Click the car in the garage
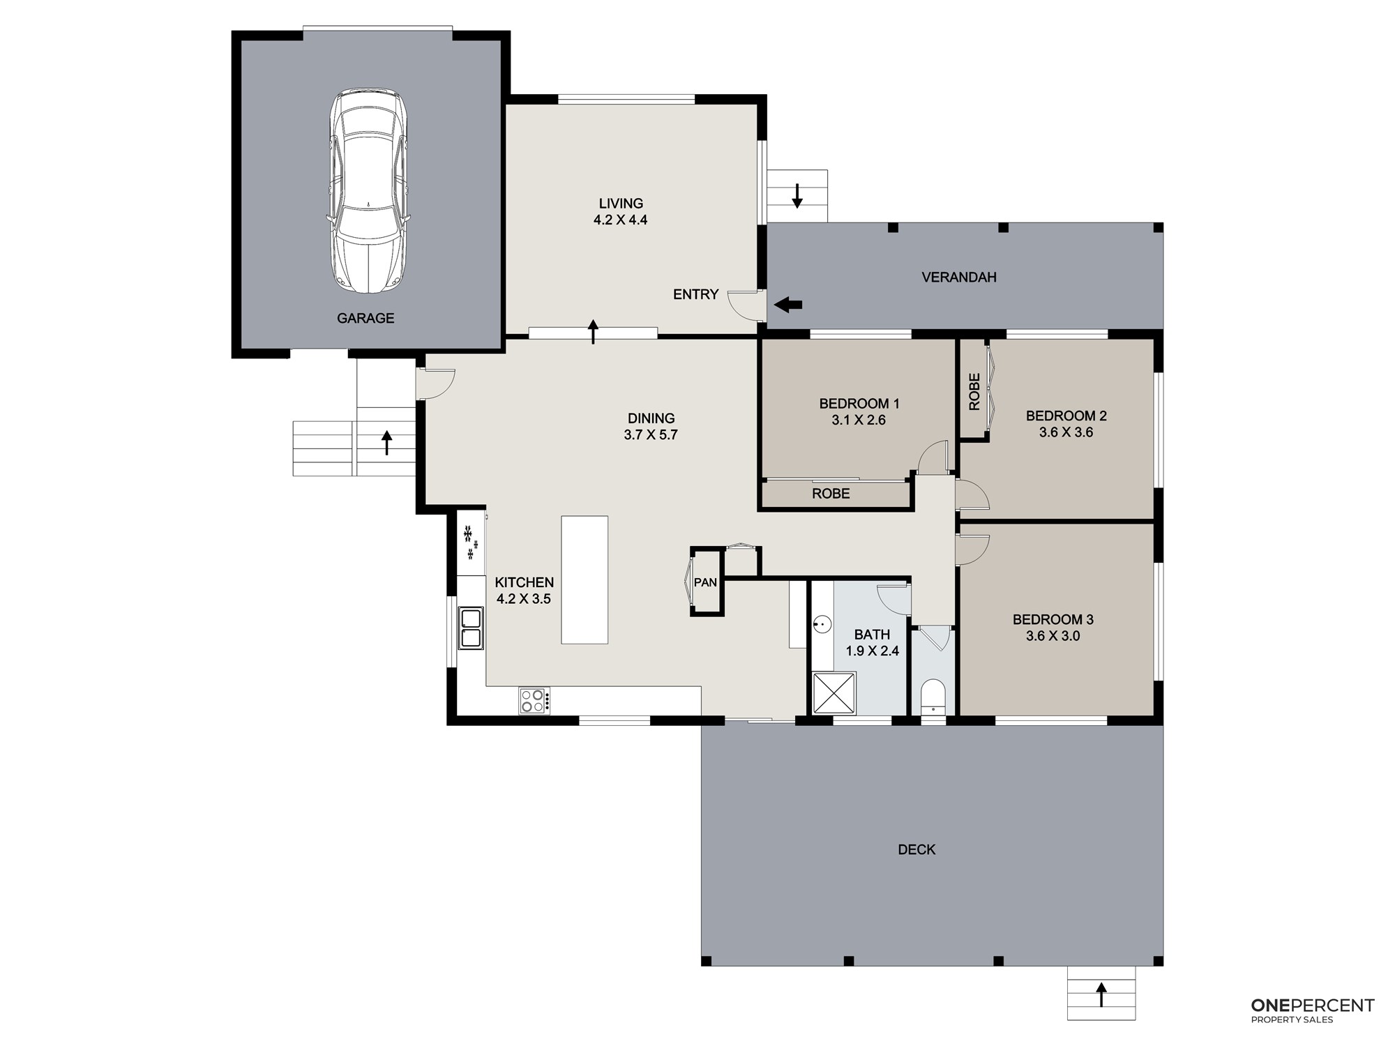coord(368,190)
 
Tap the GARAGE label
coord(365,318)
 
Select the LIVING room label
coord(621,204)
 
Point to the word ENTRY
coord(695,294)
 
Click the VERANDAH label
coord(959,277)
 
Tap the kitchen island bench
coord(585,579)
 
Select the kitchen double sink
coord(471,628)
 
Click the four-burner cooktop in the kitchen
coord(534,700)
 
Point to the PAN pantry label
coord(705,582)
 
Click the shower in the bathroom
coord(834,693)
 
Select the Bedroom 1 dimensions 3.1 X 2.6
coord(859,420)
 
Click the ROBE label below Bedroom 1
coord(831,494)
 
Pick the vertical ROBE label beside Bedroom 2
coord(974,391)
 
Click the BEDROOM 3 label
coord(1053,619)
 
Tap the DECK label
coord(917,849)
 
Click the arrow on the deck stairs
coord(1101,994)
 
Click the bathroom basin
coord(822,624)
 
